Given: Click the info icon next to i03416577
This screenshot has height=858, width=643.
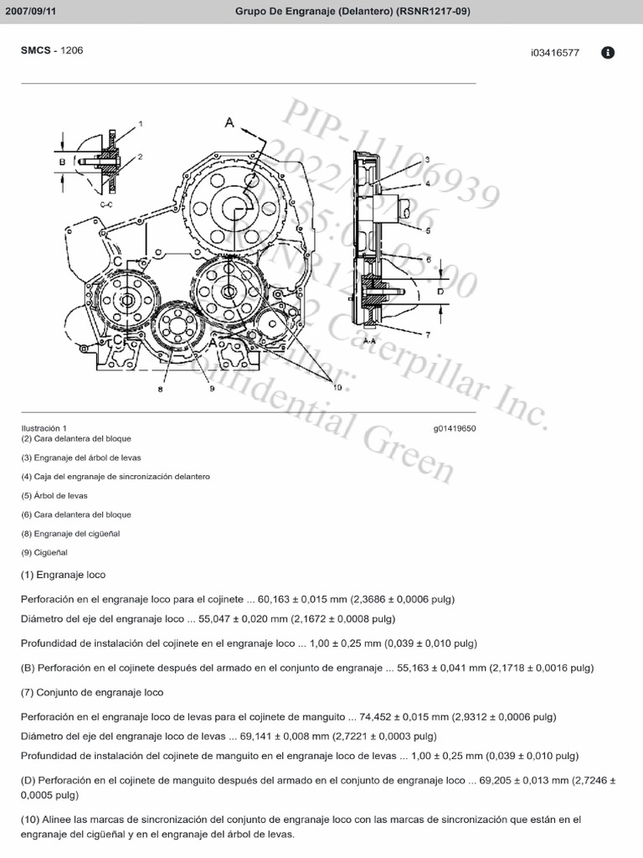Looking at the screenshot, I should point(608,52).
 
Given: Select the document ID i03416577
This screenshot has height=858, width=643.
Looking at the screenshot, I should point(554,53).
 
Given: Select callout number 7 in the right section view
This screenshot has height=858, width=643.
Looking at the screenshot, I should point(427,334).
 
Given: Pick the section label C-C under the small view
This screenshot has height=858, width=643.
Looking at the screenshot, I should point(106,203).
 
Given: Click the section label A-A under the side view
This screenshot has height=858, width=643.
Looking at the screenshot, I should point(368,342).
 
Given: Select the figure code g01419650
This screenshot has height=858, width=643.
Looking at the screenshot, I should point(455,428).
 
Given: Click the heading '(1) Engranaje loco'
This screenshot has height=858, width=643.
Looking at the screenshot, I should point(64,575).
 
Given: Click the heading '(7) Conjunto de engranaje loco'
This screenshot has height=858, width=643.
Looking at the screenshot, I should point(92,692).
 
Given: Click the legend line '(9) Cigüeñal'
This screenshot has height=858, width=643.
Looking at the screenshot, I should point(44,552).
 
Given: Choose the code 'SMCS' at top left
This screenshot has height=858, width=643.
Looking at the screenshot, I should point(34,50).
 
